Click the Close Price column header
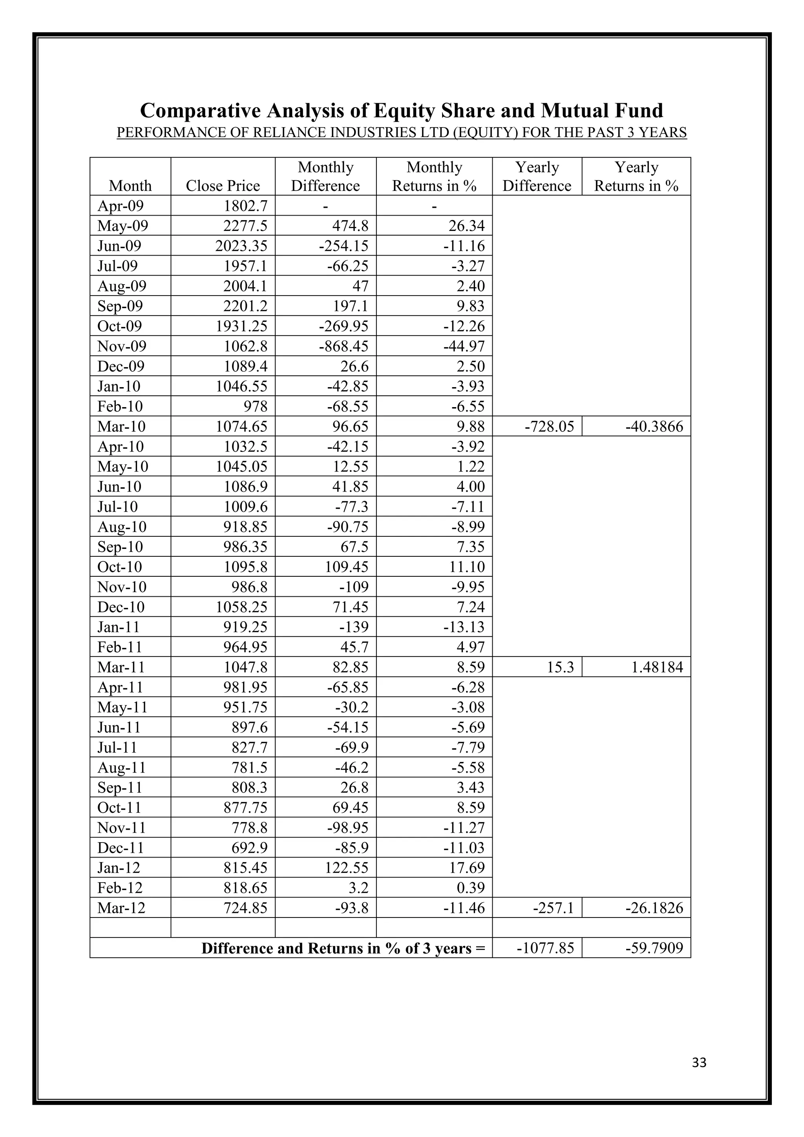click(x=223, y=186)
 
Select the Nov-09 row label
click(x=122, y=346)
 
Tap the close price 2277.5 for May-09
click(x=245, y=226)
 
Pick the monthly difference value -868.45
click(x=344, y=346)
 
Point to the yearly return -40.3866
click(x=654, y=426)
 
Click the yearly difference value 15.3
click(x=561, y=667)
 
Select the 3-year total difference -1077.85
click(x=545, y=948)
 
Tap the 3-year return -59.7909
click(x=654, y=948)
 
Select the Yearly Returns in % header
click(x=636, y=177)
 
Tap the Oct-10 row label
click(x=120, y=567)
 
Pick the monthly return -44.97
click(x=464, y=346)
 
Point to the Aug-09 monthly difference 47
click(x=360, y=286)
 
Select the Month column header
click(x=130, y=186)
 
